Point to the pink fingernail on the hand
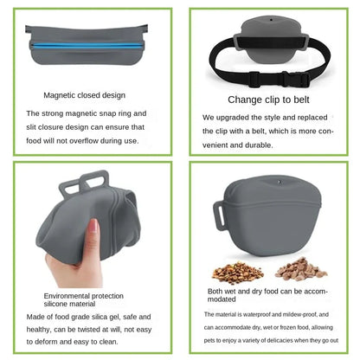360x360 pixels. [93, 226]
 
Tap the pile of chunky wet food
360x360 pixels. [300, 269]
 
